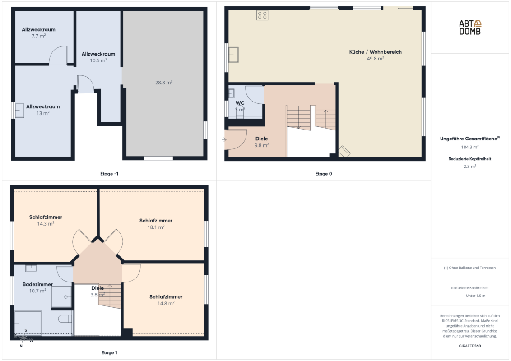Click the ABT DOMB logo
click(470, 28)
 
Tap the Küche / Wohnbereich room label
click(376, 52)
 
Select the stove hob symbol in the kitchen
click(262, 15)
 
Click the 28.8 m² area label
click(164, 83)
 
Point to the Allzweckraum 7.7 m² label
click(38, 32)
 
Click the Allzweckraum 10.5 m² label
click(98, 57)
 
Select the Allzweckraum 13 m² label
click(43, 110)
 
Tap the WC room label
click(240, 103)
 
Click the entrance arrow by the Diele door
click(224, 139)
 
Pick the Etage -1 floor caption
click(109, 174)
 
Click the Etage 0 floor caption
click(324, 174)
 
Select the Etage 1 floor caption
click(109, 352)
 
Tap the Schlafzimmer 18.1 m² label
click(156, 224)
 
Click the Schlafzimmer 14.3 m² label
click(46, 220)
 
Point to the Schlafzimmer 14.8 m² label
click(166, 300)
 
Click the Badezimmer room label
click(37, 284)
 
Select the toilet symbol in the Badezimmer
click(65, 319)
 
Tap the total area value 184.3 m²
click(470, 147)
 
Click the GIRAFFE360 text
click(470, 346)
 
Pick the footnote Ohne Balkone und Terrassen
click(470, 268)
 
